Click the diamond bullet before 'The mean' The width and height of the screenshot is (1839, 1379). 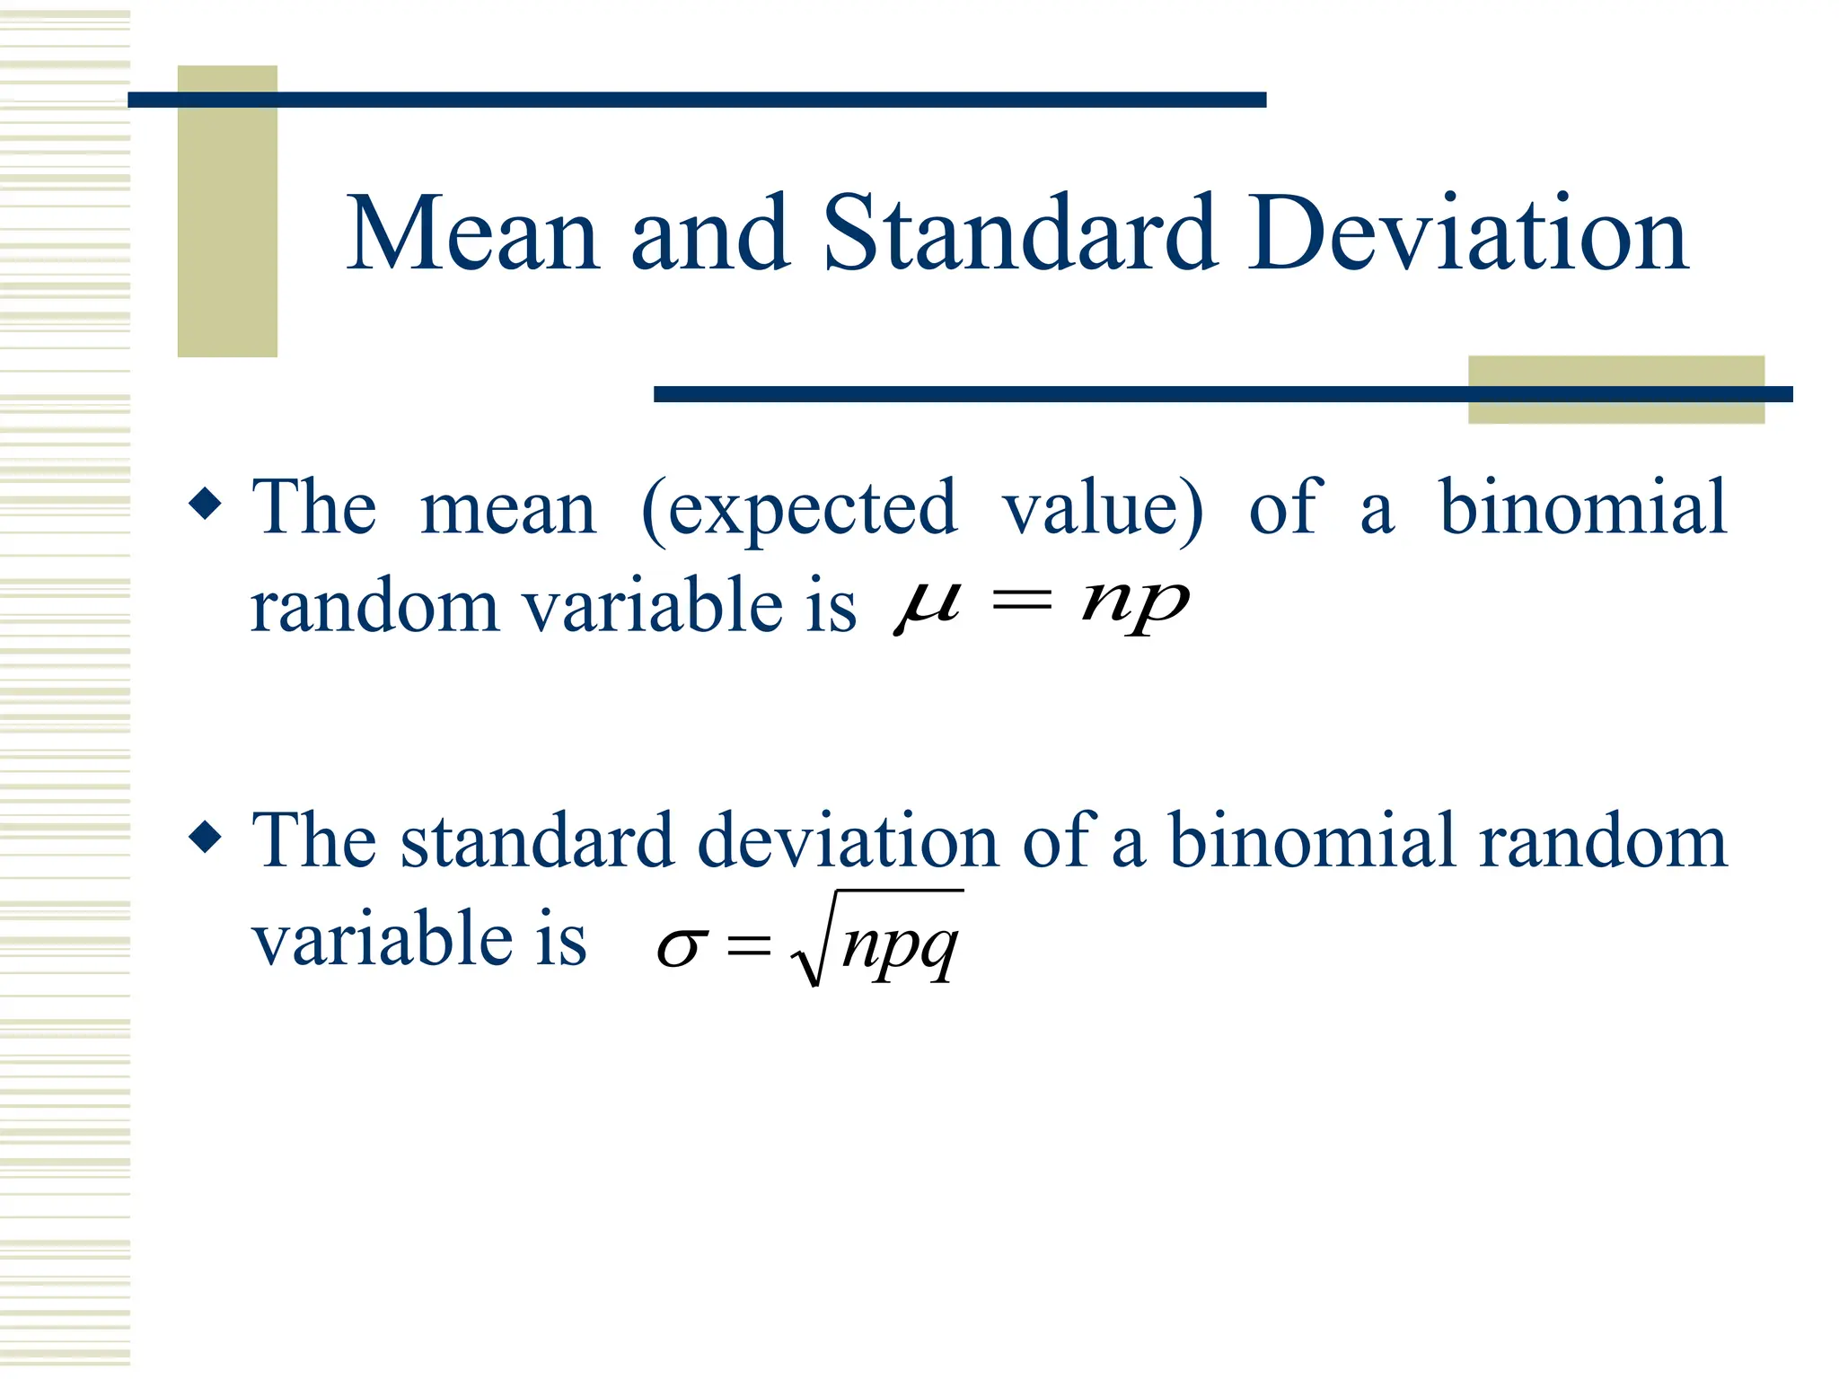(206, 504)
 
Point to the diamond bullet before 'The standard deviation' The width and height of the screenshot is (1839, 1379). (206, 838)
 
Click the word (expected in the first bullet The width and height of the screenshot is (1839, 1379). (799, 510)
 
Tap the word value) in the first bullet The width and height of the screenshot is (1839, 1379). (1103, 510)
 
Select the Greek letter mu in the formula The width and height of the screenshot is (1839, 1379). (927, 605)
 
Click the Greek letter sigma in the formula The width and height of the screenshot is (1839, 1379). (682, 948)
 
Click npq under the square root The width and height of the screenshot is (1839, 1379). (901, 946)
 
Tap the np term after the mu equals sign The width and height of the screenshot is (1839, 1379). (1136, 605)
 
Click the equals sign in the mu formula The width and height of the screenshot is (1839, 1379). (1021, 602)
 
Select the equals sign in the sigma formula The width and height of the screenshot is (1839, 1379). (749, 945)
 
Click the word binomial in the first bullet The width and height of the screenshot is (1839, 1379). (1582, 507)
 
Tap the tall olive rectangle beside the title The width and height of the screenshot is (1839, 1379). (227, 211)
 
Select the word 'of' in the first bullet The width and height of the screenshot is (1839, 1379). (1285, 507)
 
